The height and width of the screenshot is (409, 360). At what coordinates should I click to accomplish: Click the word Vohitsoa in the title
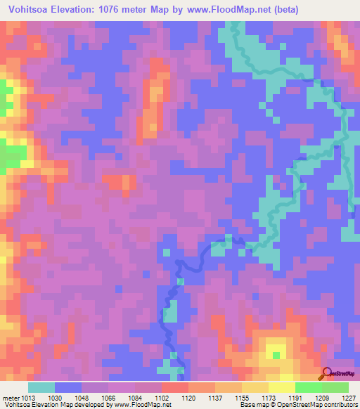click(x=32, y=10)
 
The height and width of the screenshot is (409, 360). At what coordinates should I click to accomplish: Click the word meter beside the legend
click(x=10, y=397)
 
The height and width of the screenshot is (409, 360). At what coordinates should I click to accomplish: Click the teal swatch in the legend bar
click(x=41, y=387)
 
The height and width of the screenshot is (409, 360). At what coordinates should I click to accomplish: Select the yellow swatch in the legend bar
click(x=282, y=387)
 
